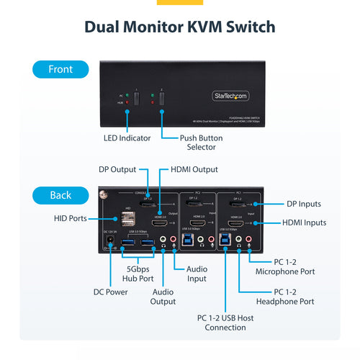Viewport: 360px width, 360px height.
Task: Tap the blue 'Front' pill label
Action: [60, 70]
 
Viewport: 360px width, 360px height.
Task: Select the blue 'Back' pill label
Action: [60, 195]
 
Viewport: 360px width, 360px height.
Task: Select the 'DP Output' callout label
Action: [118, 170]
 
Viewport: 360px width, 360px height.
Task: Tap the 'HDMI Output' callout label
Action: [194, 170]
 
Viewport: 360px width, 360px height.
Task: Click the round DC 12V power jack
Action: [111, 242]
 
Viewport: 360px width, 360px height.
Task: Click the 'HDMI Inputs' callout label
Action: [303, 223]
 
